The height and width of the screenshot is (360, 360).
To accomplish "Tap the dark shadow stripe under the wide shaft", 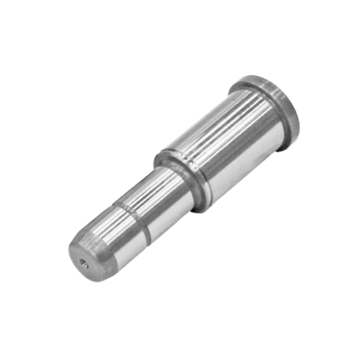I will [x=253, y=162].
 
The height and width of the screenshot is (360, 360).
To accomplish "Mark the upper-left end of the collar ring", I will [x=157, y=157].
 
